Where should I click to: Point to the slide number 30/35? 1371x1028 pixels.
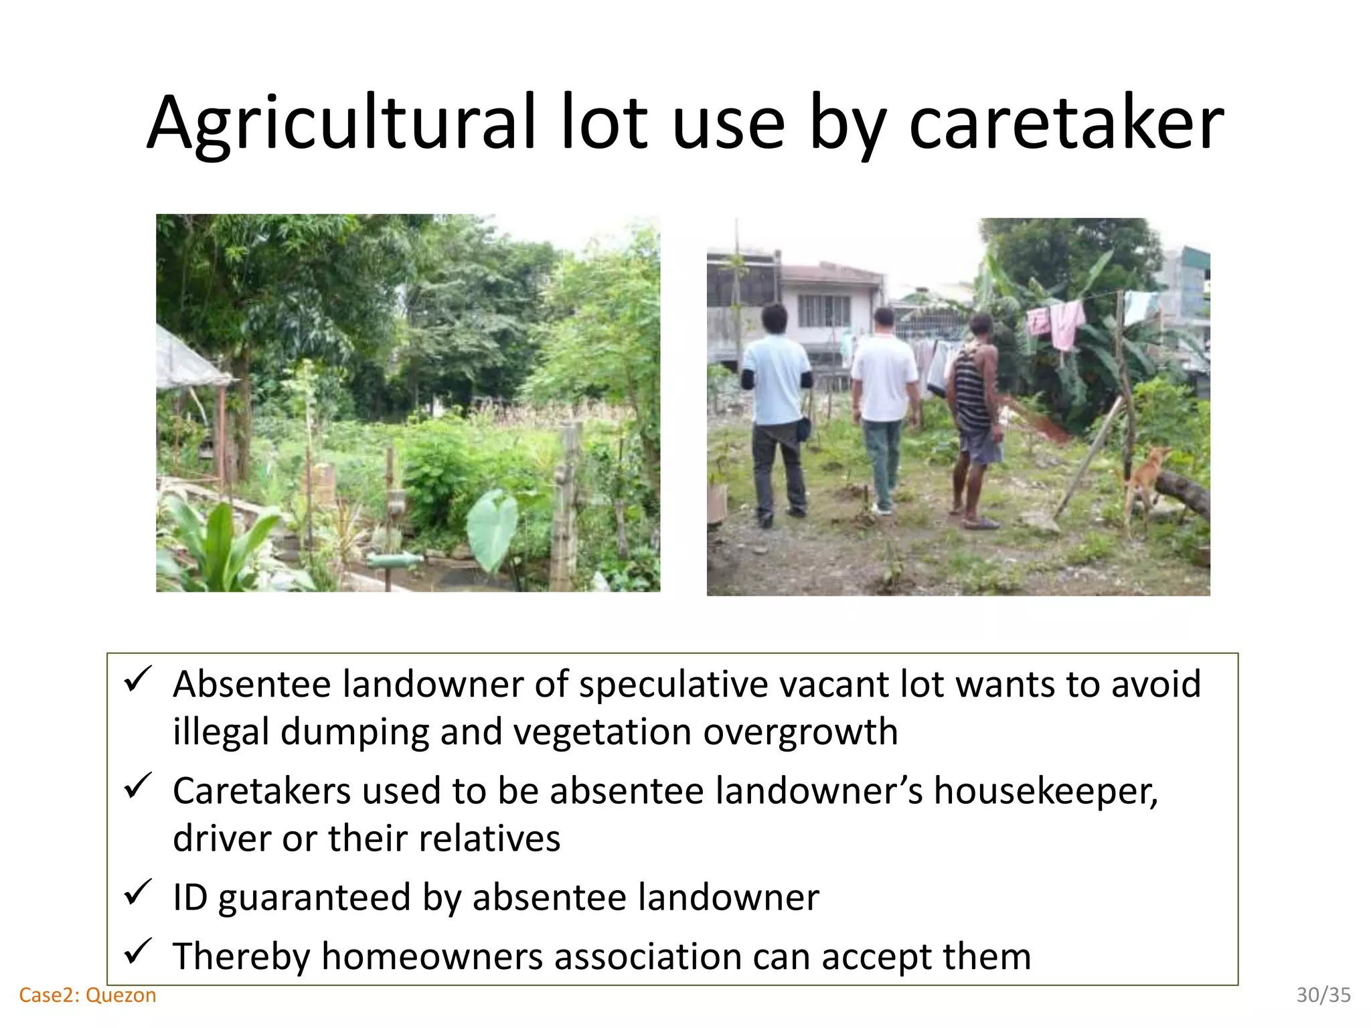[x=1323, y=995]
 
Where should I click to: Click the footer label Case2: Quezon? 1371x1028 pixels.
[x=88, y=995]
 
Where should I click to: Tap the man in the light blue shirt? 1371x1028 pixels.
[x=777, y=408]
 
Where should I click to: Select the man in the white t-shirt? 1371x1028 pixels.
[x=884, y=402]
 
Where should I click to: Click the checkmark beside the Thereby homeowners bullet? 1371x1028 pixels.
[x=139, y=951]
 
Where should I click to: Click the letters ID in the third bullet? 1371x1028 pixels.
[x=190, y=897]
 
